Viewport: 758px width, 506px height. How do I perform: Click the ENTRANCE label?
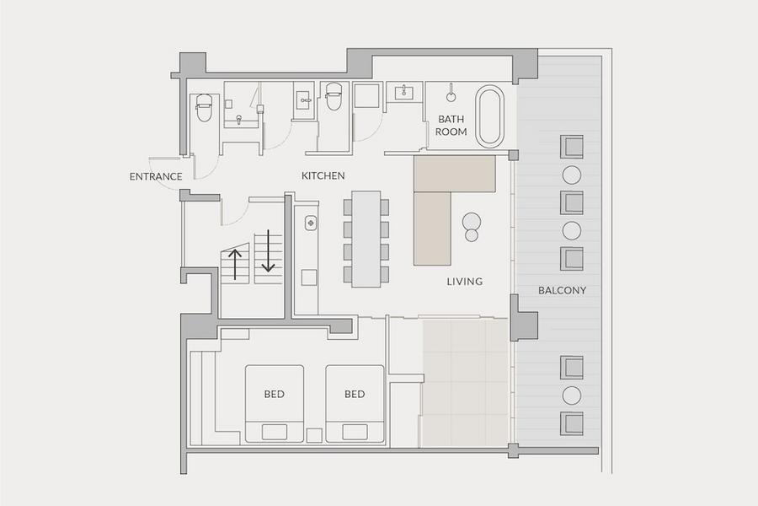coord(156,176)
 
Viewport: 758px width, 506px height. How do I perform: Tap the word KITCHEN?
coord(323,175)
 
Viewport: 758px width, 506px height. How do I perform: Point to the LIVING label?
coord(465,282)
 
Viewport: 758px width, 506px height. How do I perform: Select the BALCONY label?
coord(563,290)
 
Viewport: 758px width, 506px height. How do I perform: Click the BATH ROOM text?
coord(451,126)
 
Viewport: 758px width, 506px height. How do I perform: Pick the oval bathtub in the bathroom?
coord(489,116)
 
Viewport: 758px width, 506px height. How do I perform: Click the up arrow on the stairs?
coord(235,264)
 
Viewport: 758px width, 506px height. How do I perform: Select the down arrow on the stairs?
coord(269,250)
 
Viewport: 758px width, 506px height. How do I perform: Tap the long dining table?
coord(366,240)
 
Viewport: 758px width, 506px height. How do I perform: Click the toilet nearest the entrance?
coord(204,107)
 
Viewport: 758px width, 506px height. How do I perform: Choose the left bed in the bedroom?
coord(275,403)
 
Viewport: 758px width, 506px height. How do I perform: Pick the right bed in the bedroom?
coord(355,403)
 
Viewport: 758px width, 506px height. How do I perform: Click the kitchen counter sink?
coord(310,223)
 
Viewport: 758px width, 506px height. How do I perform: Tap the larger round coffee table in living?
coord(472,222)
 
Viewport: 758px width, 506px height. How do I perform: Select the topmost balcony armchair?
coord(572,147)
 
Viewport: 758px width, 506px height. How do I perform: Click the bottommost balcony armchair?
coord(572,423)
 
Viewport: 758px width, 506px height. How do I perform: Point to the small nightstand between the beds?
coord(315,435)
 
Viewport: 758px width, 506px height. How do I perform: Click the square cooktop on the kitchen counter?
coord(309,277)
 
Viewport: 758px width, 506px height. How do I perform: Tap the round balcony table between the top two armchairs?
coord(572,175)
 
